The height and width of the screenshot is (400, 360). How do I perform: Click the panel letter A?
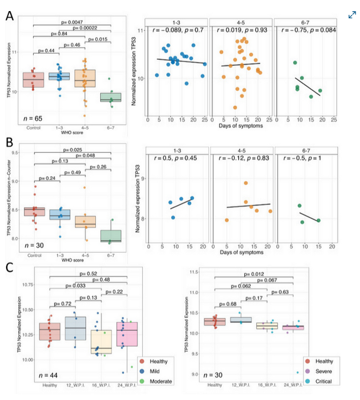(10, 16)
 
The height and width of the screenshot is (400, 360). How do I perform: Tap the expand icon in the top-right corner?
(352, 15)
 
